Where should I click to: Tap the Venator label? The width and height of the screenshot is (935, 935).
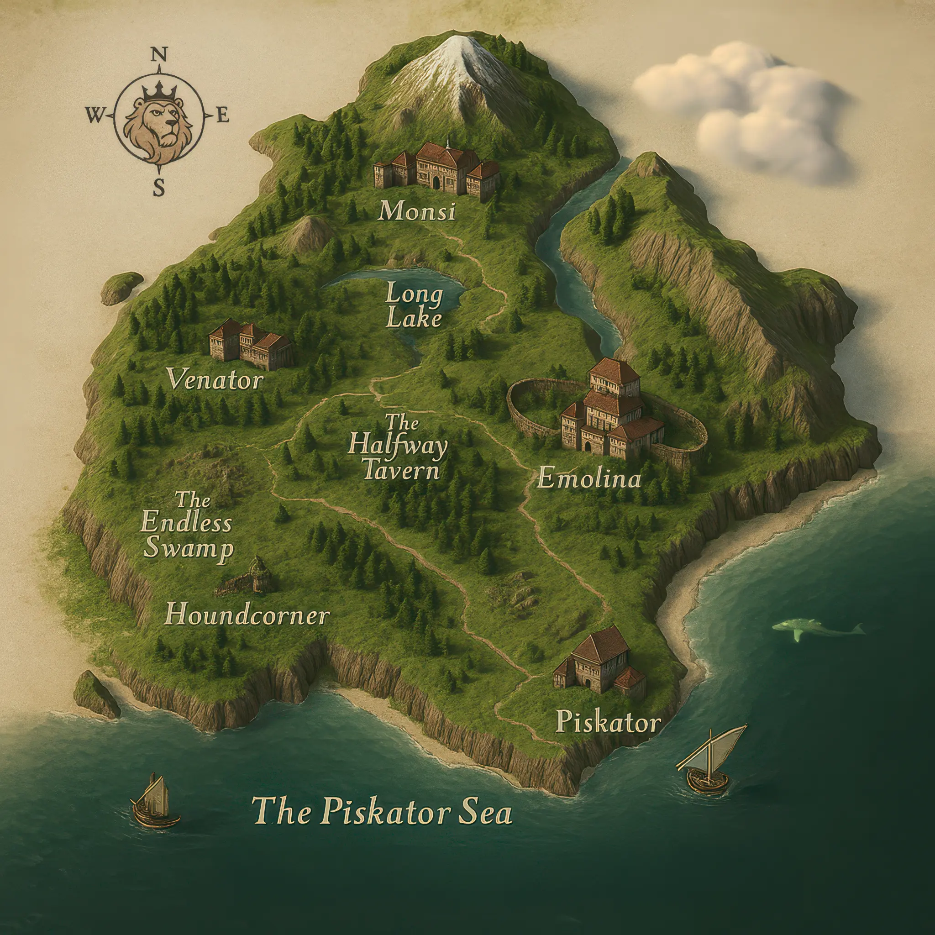coord(215,380)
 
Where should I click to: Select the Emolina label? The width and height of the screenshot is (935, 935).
coord(589,478)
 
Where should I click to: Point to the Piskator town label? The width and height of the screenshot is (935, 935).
coord(608,723)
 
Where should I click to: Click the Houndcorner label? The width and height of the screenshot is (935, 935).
coord(247,615)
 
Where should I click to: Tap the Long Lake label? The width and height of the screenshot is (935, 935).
coord(414,306)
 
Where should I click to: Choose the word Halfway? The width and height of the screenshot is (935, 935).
coord(397,446)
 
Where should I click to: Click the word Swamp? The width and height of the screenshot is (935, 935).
coord(189,549)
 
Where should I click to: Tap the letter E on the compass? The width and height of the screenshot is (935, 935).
coord(222,116)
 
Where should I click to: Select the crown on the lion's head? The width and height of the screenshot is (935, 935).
coord(158,90)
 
